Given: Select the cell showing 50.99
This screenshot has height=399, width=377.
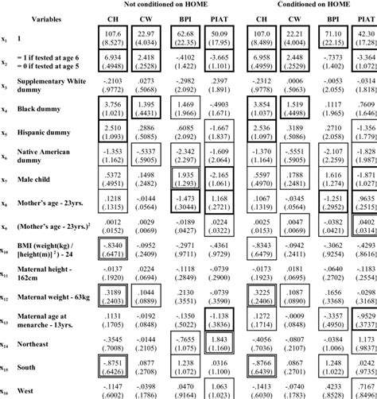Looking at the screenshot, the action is [x=216, y=37].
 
